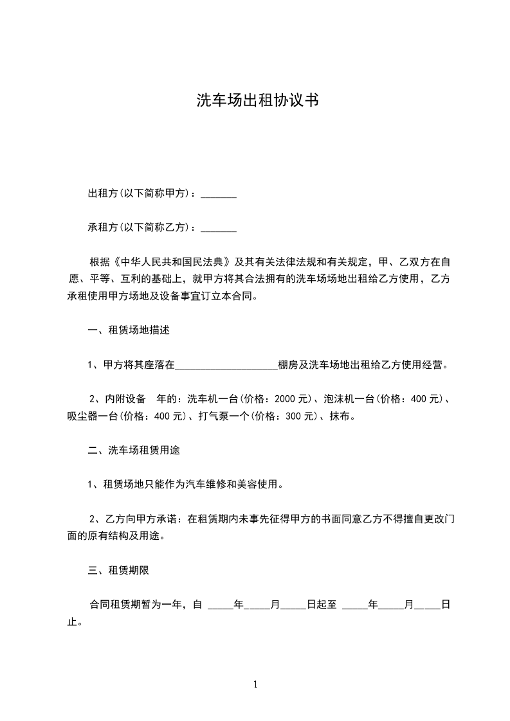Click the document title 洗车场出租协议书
pos(257,101)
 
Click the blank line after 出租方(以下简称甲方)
pos(219,194)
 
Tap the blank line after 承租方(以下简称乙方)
pos(219,227)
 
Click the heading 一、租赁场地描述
pos(129,331)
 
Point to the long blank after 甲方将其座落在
pos(226,366)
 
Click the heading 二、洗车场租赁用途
pos(133,450)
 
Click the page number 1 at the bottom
pos(255,684)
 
